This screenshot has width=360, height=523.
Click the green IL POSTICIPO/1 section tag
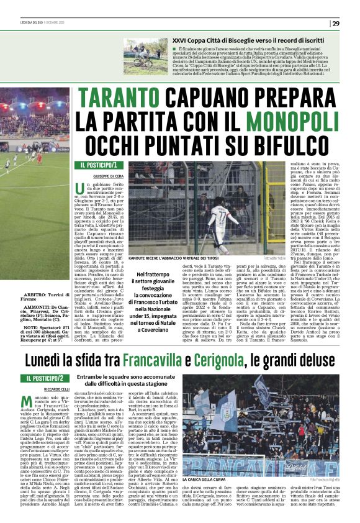(x=98, y=165)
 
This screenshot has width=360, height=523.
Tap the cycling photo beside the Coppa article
(x=145, y=57)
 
